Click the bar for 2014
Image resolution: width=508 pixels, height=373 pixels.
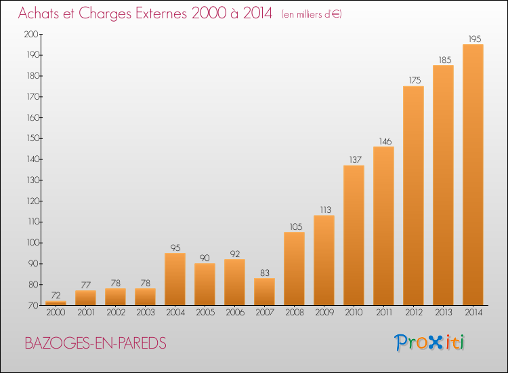473,175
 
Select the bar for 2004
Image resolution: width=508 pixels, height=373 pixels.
175,279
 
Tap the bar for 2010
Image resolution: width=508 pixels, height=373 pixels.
354,235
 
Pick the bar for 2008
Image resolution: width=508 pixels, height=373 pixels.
294,269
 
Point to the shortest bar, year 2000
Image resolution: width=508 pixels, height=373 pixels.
56,303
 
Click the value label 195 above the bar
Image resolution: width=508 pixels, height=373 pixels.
473,39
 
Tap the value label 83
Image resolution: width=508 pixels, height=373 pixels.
264,273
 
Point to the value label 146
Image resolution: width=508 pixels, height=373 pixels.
383,141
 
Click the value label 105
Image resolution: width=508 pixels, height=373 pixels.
294,227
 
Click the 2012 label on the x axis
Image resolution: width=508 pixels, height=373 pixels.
413,313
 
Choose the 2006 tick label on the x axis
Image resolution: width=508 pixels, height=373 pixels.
234,313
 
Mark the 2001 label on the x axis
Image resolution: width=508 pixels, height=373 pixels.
85,313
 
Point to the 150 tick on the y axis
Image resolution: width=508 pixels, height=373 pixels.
31,138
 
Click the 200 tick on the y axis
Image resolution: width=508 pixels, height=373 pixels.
31,34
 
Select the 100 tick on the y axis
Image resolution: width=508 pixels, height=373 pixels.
31,243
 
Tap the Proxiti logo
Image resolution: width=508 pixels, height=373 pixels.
430,342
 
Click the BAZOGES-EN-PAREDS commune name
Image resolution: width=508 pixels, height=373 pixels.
96,343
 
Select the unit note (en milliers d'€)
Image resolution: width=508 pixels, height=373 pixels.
311,14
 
